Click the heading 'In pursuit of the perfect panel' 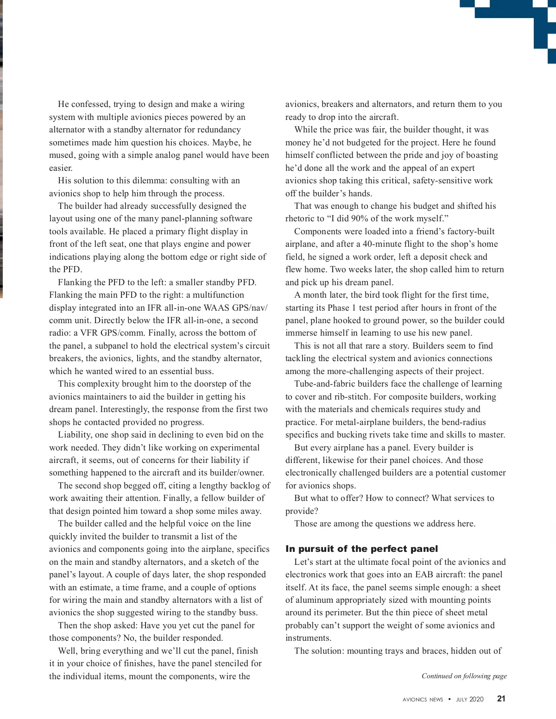(x=361, y=549)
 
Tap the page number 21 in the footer (x=501, y=699)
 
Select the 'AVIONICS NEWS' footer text (x=423, y=700)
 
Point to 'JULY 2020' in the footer (x=469, y=700)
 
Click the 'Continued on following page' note (x=464, y=676)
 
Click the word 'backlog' (x=242, y=486)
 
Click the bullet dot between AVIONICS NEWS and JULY (x=449, y=699)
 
